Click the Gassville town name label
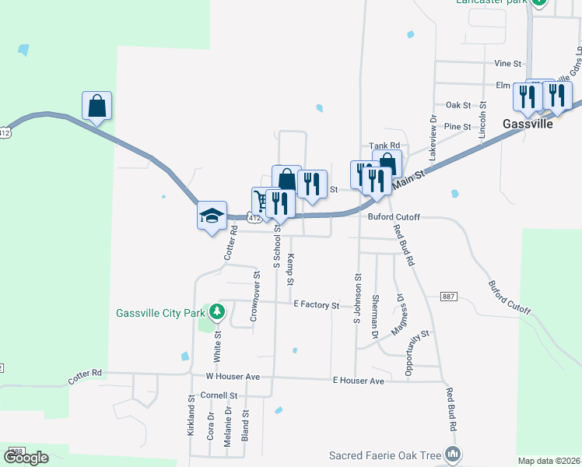click(x=528, y=124)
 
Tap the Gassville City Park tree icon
click(x=216, y=314)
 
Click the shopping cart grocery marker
click(x=262, y=203)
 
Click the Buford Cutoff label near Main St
click(x=394, y=218)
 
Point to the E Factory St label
click(x=316, y=306)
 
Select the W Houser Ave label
click(x=232, y=376)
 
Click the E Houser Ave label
click(x=358, y=381)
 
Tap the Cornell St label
click(x=219, y=395)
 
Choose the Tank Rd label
click(x=384, y=146)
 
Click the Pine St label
click(x=458, y=126)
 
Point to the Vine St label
click(x=507, y=63)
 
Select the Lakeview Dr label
click(x=433, y=134)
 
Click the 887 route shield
click(x=448, y=297)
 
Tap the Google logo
click(x=26, y=458)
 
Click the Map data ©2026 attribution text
click(x=549, y=461)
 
